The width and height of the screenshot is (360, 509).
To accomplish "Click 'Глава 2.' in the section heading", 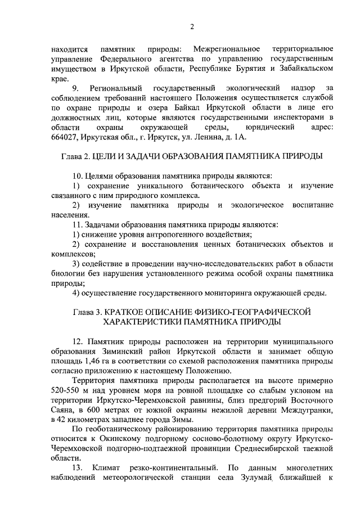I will pos(76,156).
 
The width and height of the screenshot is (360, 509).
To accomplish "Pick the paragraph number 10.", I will pos(78,175).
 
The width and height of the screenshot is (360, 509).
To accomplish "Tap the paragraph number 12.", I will pos(78,341).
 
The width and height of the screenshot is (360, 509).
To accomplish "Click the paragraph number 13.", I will pos(78,468).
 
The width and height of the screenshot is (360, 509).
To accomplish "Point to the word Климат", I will pos(112,468).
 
